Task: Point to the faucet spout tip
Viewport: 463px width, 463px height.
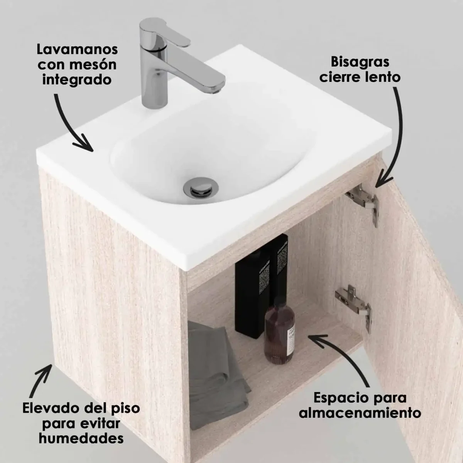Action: tap(217, 89)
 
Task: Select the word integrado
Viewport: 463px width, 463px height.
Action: tap(77, 80)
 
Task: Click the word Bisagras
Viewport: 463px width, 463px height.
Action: tap(355, 62)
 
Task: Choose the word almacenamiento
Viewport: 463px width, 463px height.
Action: tap(360, 413)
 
